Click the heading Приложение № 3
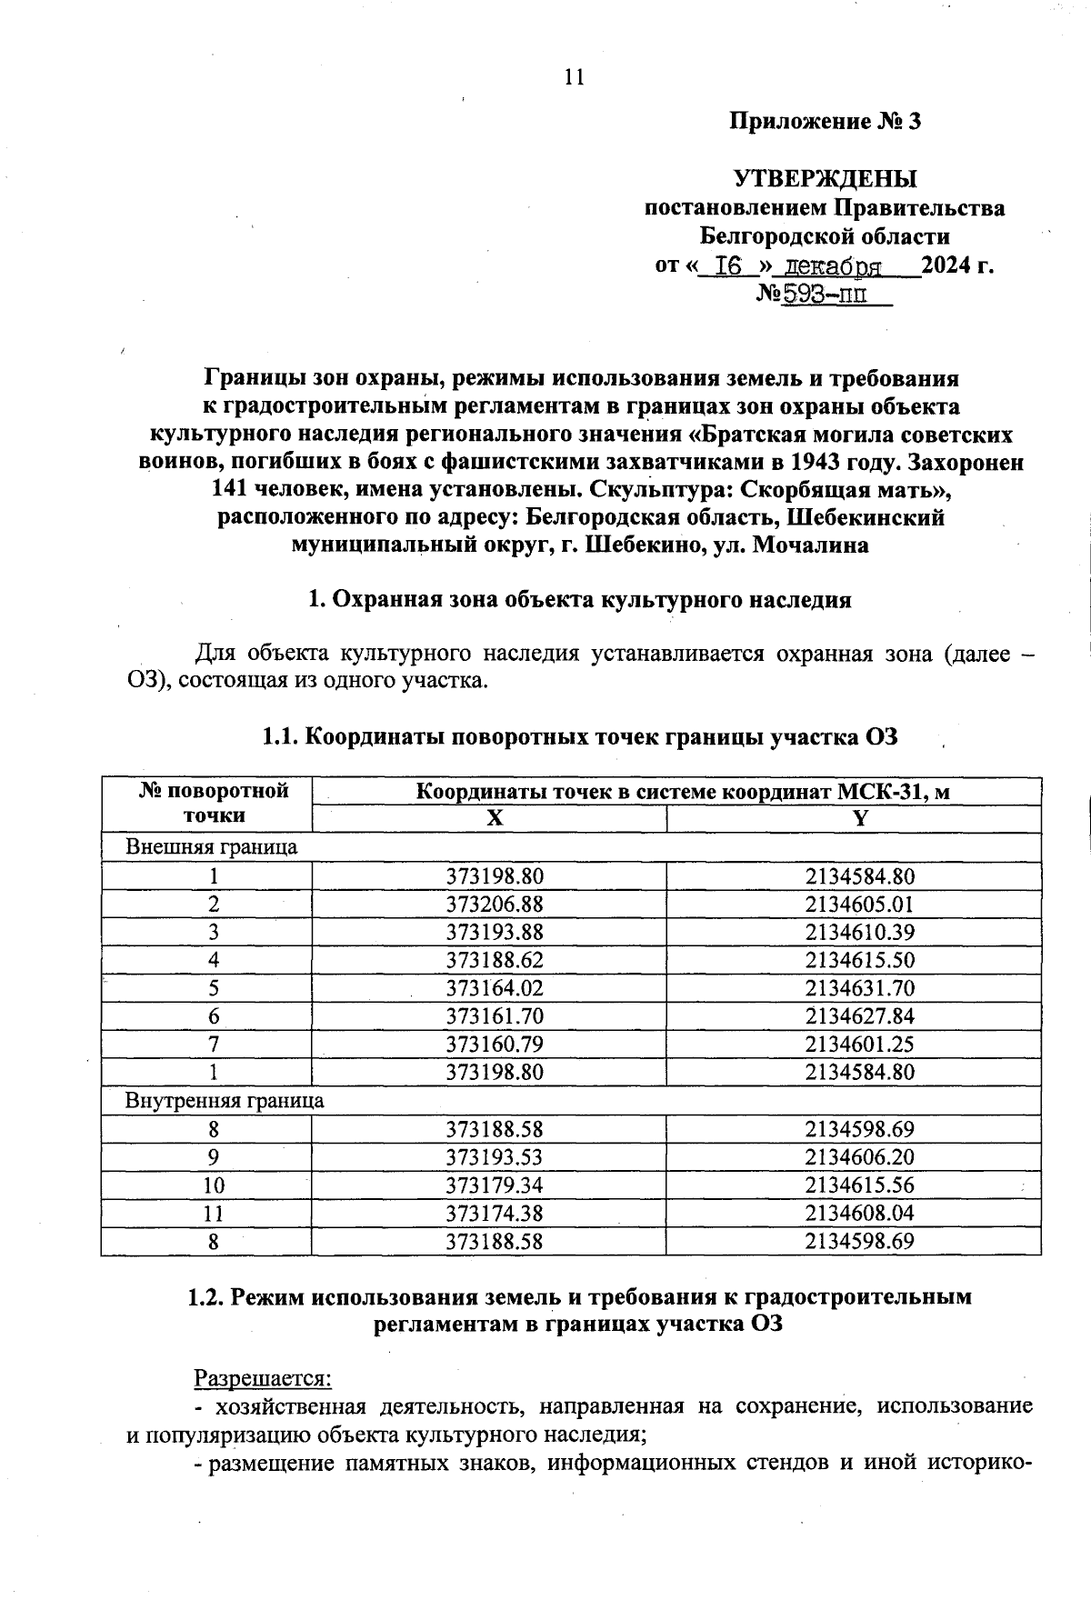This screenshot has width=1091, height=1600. pyautogui.click(x=826, y=121)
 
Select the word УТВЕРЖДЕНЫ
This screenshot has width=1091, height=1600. pyautogui.click(x=826, y=178)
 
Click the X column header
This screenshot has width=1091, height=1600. pyautogui.click(x=494, y=818)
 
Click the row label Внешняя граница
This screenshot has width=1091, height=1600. pyautogui.click(x=211, y=847)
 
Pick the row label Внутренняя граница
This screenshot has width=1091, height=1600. pyautogui.click(x=225, y=1100)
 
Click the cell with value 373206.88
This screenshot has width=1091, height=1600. pyautogui.click(x=495, y=905)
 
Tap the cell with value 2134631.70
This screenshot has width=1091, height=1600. pyautogui.click(x=859, y=988)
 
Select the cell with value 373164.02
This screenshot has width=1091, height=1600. pyautogui.click(x=495, y=988)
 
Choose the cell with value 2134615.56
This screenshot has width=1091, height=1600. pyautogui.click(x=859, y=1185)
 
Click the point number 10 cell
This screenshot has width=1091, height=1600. pyautogui.click(x=214, y=1185)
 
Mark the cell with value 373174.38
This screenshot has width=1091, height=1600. pyautogui.click(x=495, y=1214)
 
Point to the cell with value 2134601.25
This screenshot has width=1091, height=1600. pyautogui.click(x=859, y=1044)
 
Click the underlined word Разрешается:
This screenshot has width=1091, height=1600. pyautogui.click(x=263, y=1379)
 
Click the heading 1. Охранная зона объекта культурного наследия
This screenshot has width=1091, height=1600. pyautogui.click(x=580, y=600)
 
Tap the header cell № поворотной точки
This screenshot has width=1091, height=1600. pyautogui.click(x=214, y=803)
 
